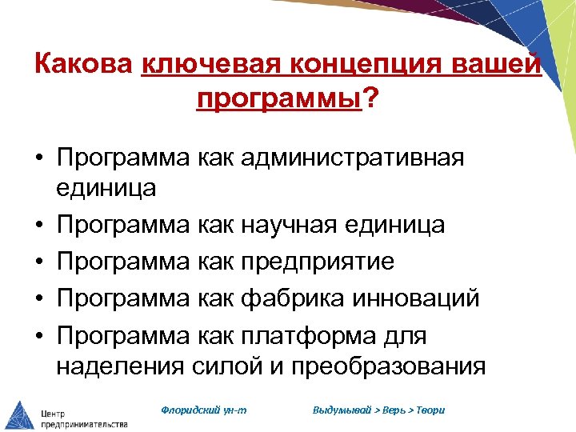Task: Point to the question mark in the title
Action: coord(370,98)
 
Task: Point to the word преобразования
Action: coord(390,366)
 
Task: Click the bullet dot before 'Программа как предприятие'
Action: coord(38,262)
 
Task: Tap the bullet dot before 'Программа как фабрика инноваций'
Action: coord(38,298)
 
